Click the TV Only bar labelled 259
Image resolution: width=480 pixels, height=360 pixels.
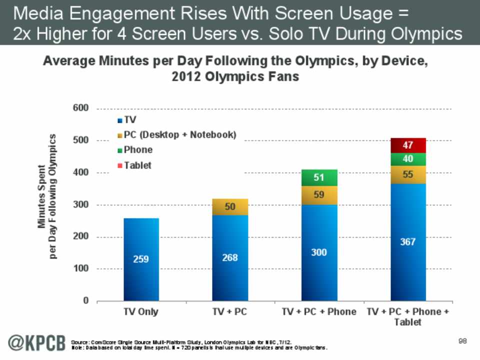point(141,259)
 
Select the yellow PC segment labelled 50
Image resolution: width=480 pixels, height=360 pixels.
point(230,206)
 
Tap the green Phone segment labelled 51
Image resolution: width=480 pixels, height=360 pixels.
point(319,177)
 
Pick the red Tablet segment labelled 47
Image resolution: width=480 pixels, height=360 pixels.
point(408,145)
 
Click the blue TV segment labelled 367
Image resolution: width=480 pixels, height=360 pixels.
point(408,242)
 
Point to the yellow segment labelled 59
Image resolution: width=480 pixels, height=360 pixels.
point(319,195)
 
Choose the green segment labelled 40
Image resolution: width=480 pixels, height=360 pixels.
point(408,159)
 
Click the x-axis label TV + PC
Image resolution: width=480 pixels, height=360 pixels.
point(230,311)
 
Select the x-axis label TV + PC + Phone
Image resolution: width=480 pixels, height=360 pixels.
point(319,311)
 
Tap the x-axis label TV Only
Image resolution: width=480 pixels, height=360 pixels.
point(141,311)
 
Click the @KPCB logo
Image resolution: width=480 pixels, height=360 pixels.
point(35,343)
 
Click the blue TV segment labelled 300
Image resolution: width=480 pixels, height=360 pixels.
point(319,253)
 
